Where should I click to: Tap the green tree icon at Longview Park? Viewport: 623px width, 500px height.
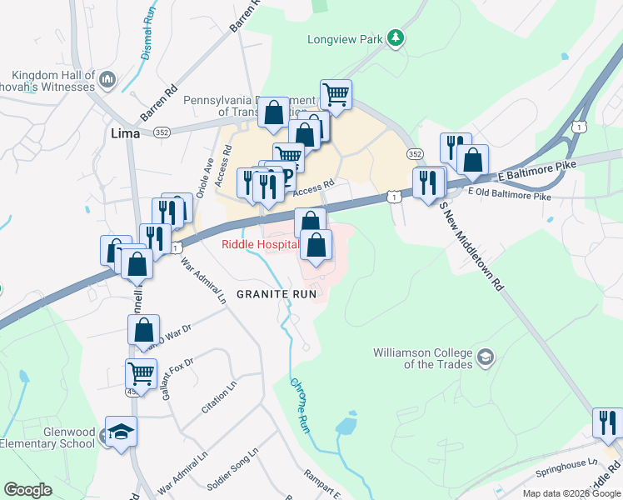click(x=397, y=37)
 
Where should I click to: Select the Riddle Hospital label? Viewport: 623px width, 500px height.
click(x=259, y=244)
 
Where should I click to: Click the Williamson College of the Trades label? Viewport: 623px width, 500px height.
click(x=422, y=358)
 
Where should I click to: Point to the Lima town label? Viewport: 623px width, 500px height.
click(x=126, y=132)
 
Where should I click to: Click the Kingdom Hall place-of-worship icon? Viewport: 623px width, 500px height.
click(x=107, y=80)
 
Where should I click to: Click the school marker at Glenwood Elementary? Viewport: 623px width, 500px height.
click(x=121, y=432)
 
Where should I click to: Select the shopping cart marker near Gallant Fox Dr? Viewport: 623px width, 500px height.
click(x=141, y=372)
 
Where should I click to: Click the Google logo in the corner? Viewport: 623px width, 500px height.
click(x=27, y=490)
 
